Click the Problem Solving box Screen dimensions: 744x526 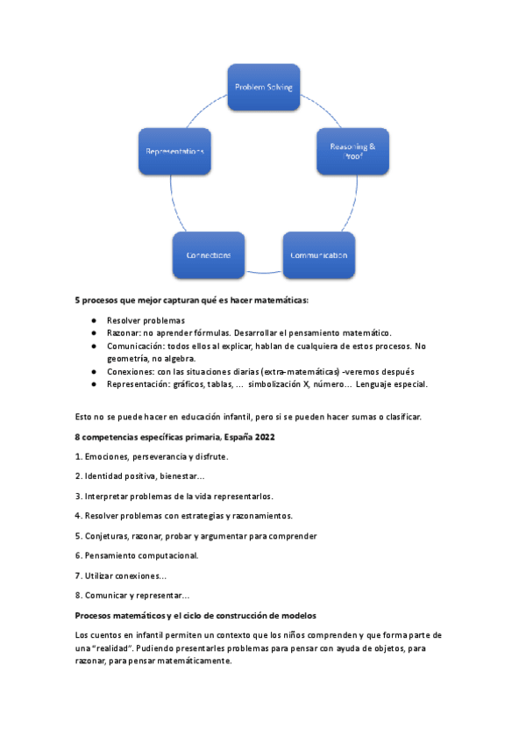[x=263, y=87]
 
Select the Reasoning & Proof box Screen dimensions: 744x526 [x=352, y=151]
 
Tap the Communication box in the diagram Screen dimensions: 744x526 [x=318, y=255]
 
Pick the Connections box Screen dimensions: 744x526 [x=209, y=255]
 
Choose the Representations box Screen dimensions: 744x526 [x=174, y=151]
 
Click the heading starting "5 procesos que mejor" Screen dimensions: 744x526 [x=192, y=300]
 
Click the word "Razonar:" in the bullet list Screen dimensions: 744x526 [x=126, y=333]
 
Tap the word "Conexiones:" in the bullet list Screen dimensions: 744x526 [x=132, y=371]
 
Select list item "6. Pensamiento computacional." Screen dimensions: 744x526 [x=137, y=555]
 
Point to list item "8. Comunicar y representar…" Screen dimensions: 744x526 [x=131, y=596]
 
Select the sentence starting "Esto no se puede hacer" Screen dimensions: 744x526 [x=248, y=417]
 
